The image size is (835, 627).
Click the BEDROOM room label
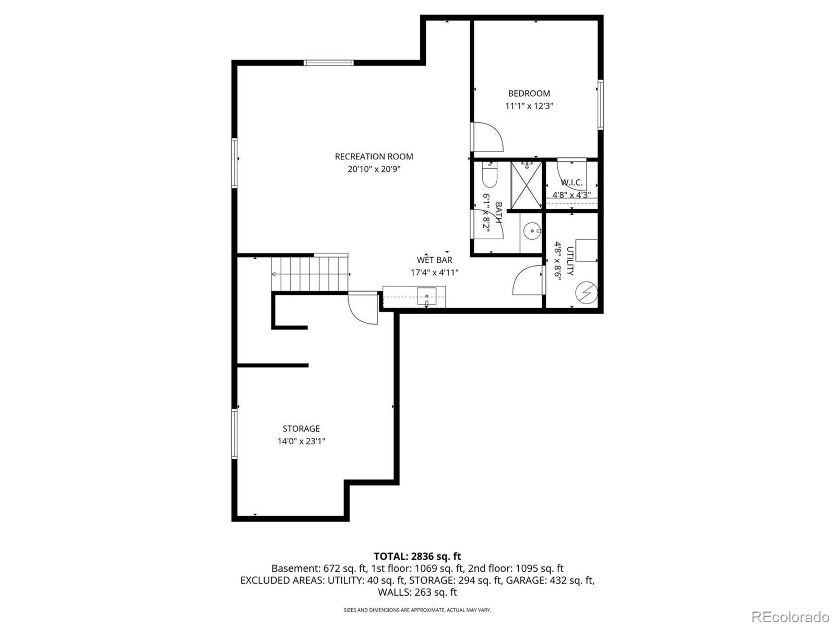(529, 94)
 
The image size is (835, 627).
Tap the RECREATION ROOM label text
(374, 156)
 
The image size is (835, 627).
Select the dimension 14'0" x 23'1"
(301, 442)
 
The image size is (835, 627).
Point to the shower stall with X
(526, 185)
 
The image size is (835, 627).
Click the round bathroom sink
(532, 230)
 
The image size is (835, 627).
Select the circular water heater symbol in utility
(587, 293)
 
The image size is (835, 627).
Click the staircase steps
(309, 273)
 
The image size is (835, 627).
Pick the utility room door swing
(528, 281)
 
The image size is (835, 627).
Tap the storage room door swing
(363, 309)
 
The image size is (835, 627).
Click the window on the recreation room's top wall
(329, 63)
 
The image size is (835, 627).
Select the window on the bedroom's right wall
(601, 104)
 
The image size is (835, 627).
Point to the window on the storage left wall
(235, 434)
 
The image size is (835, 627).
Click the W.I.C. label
(571, 183)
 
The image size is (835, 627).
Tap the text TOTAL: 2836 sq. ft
(417, 556)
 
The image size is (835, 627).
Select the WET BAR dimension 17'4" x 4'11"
(434, 273)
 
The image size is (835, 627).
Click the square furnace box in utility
(587, 250)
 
